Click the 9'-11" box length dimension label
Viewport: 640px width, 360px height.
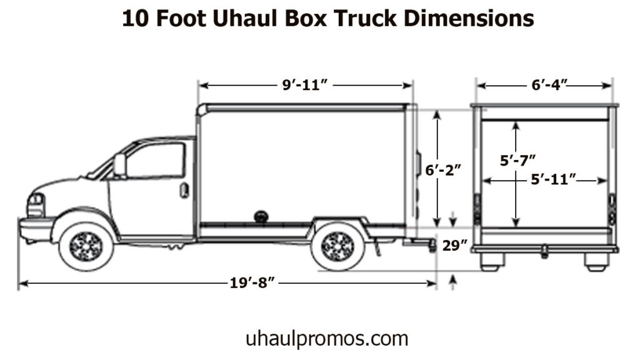[x=305, y=86]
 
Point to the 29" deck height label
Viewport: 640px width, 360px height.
[x=455, y=246]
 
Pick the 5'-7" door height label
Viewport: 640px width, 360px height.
[x=517, y=160]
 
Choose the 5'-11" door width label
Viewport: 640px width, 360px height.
[x=553, y=180]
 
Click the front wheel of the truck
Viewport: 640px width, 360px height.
[x=86, y=246]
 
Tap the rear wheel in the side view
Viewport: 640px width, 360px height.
[x=337, y=246]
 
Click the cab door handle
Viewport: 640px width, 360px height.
[x=184, y=190]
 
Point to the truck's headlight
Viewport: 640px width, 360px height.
[x=36, y=204]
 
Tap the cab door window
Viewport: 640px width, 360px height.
[x=156, y=160]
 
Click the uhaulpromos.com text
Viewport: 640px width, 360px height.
[x=326, y=339]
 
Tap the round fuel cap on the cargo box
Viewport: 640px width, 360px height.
[x=261, y=216]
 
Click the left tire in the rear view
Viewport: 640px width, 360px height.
[x=491, y=261]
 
